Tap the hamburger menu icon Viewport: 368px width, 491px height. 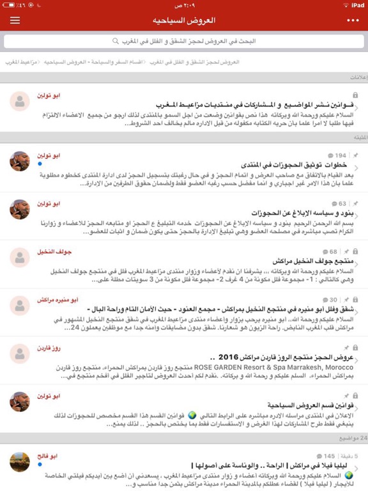[x=15, y=20]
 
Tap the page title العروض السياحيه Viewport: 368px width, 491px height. [x=185, y=20]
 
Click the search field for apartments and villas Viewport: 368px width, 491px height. [x=184, y=41]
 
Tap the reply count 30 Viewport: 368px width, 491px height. [x=333, y=299]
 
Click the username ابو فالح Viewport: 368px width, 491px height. [x=48, y=456]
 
